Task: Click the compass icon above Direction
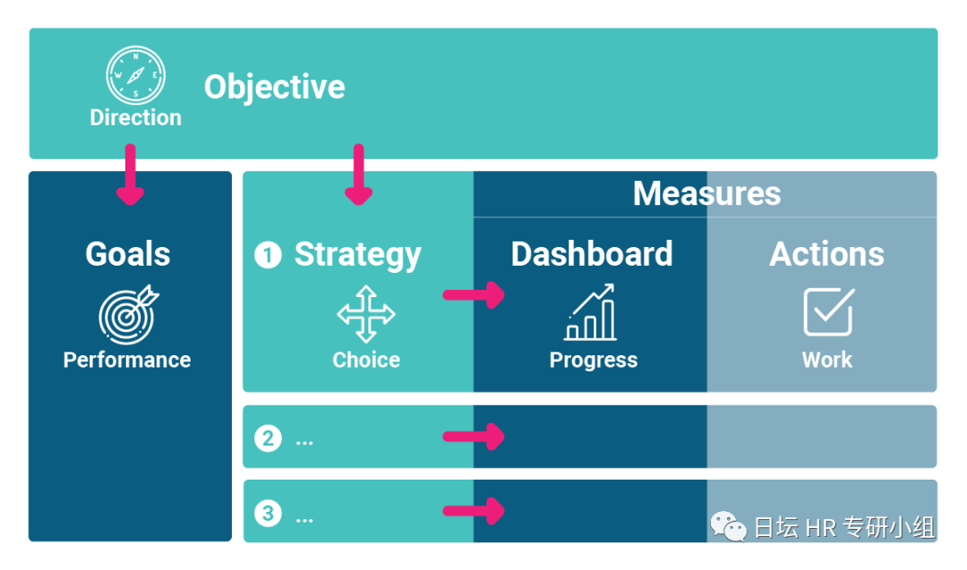(135, 75)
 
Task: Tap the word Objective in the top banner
(274, 87)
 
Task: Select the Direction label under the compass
(135, 117)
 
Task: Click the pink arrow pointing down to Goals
(131, 175)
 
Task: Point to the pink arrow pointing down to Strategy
(359, 175)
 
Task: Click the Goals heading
(128, 254)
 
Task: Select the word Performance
(127, 360)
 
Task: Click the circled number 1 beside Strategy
(268, 256)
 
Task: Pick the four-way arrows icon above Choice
(365, 314)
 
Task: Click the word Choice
(366, 360)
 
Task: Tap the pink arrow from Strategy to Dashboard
(475, 294)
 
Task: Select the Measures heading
(706, 193)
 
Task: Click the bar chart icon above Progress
(591, 312)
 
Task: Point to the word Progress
(594, 360)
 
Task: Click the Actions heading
(826, 254)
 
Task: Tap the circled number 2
(268, 438)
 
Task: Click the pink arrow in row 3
(475, 512)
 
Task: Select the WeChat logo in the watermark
(729, 526)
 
